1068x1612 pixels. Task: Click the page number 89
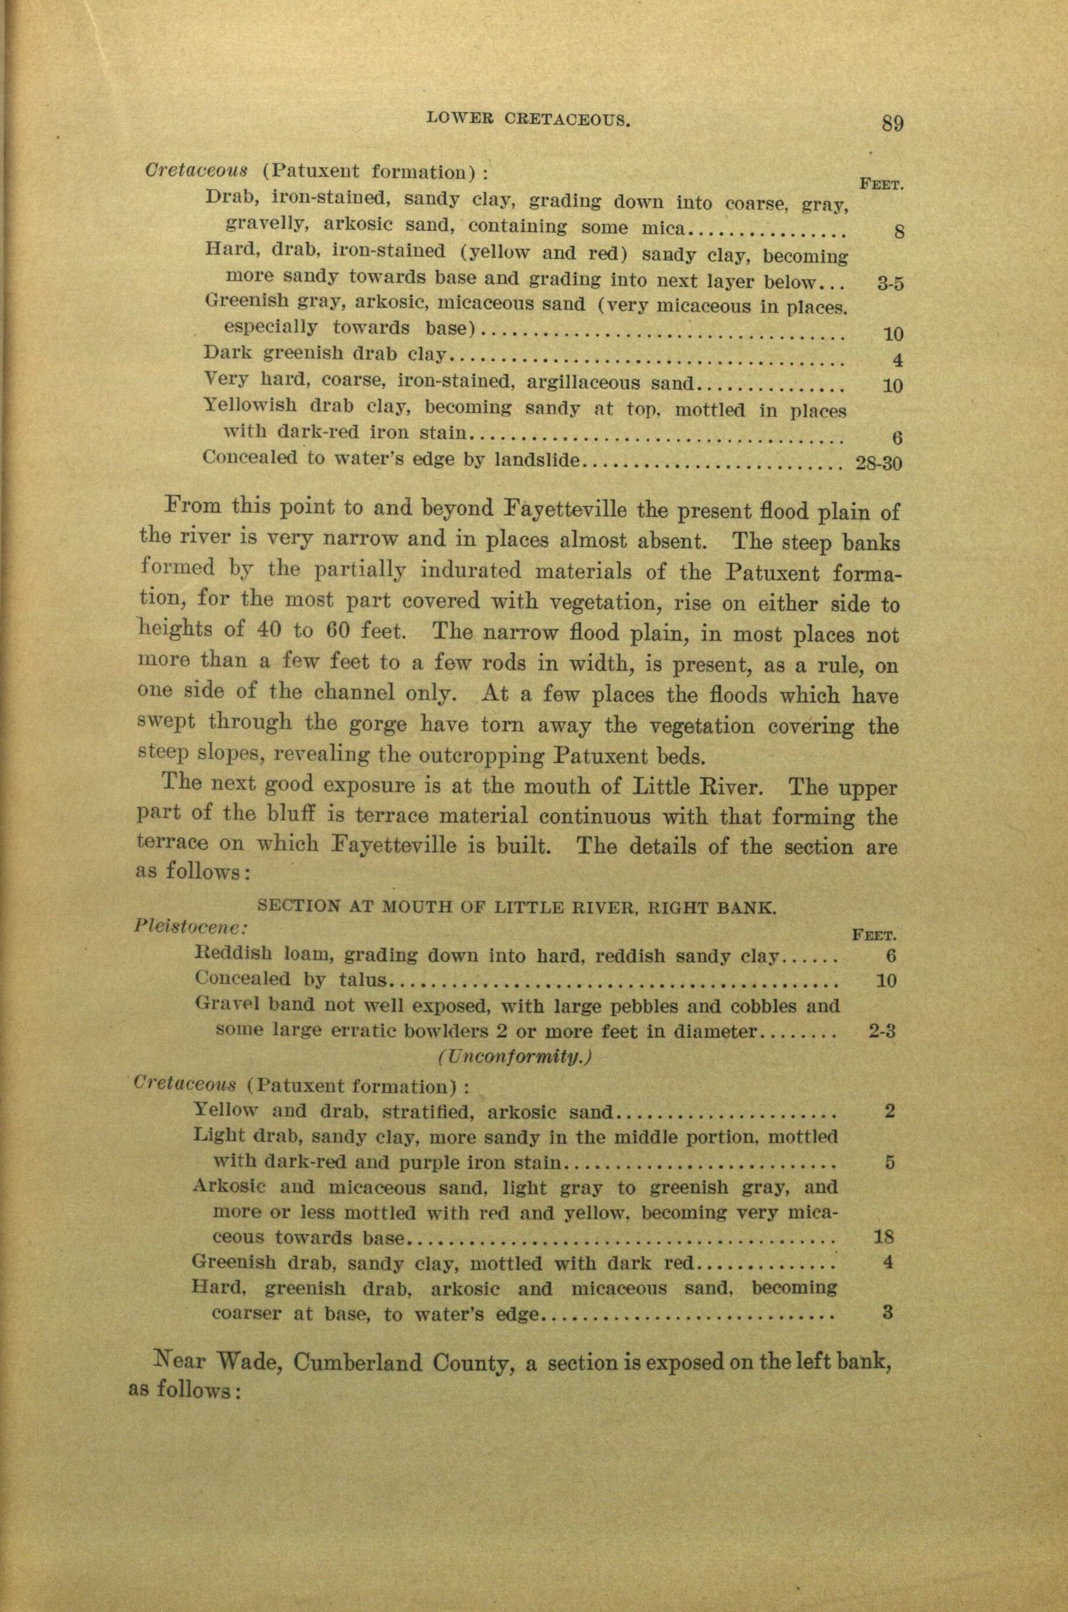click(x=892, y=123)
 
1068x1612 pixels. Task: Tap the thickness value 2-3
click(x=882, y=1032)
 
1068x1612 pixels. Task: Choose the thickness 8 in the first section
click(x=898, y=232)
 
